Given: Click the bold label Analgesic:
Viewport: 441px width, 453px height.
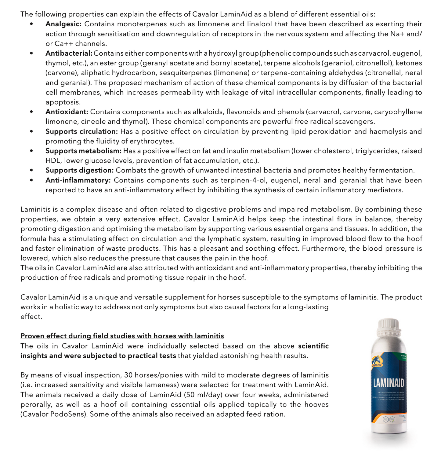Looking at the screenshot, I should [63, 24].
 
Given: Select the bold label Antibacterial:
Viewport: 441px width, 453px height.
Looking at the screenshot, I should [69, 53].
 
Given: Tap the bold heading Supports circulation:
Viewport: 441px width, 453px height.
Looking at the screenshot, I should [81, 132].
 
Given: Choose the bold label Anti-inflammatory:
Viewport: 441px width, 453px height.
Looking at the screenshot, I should [78, 180].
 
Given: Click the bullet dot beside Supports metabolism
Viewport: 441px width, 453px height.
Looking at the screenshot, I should [31, 151].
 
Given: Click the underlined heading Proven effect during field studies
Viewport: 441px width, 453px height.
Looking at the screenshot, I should [122, 336].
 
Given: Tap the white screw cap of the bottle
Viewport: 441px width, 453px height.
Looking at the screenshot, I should [388, 326].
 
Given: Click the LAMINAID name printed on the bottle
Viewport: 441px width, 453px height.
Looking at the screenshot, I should [389, 383].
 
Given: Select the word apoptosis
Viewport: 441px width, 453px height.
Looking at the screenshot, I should [63, 102].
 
